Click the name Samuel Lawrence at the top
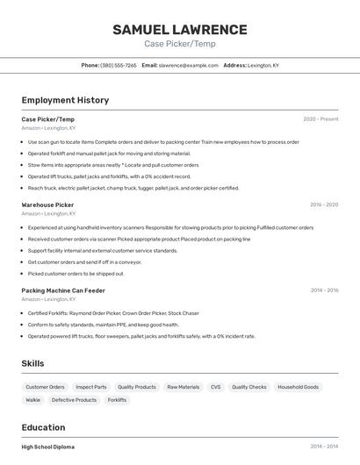180,30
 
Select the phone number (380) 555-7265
119,65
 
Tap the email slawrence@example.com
188,65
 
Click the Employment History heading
65,100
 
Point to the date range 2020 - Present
320,119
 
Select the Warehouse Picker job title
47,204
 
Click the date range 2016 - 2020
324,204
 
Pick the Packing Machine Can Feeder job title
63,290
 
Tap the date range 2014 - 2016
324,290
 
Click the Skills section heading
32,363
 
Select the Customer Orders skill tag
45,387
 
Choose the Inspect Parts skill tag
91,387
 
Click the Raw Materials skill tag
184,387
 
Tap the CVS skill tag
216,387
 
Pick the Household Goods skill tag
299,387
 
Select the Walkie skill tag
32,400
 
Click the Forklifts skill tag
117,400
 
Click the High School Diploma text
48,447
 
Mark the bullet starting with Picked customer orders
76,273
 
